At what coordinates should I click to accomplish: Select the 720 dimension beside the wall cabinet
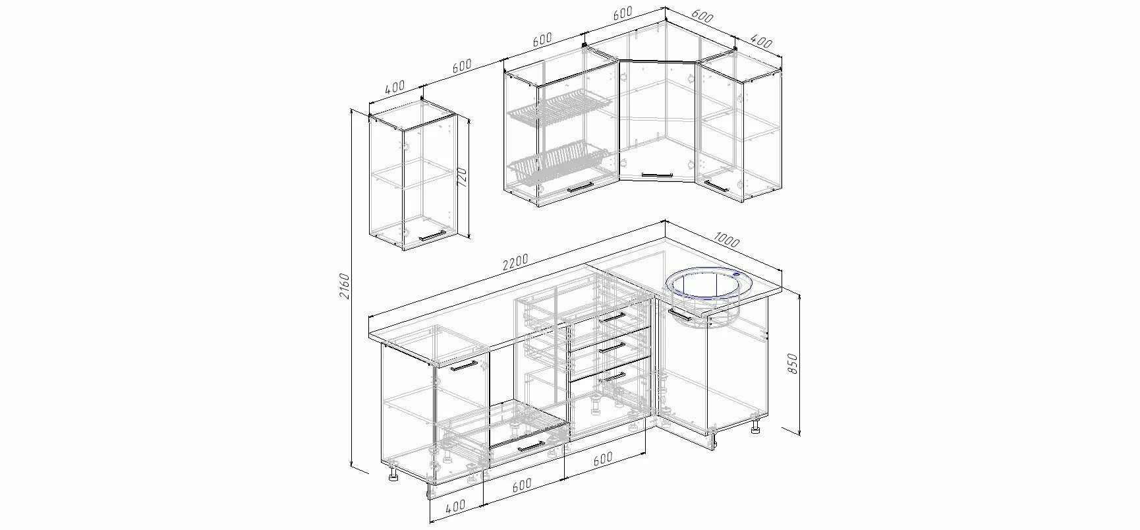[x=461, y=178]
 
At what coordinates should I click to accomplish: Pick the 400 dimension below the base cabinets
[x=455, y=506]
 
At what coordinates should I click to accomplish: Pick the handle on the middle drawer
[x=613, y=347]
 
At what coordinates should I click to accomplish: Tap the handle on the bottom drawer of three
[x=612, y=376]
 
